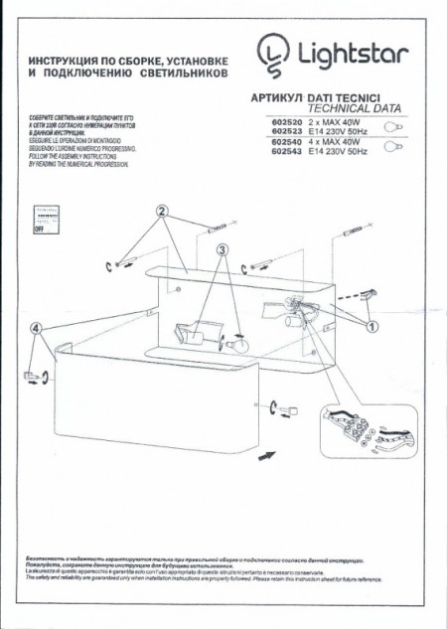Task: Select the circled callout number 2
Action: coord(163,211)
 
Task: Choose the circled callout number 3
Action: coord(223,250)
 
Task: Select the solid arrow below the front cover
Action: coord(265,454)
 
